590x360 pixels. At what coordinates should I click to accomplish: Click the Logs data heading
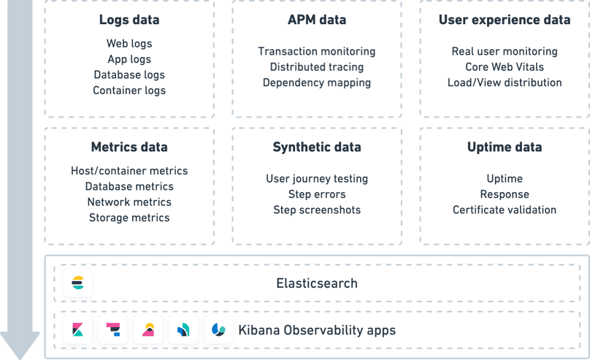129,20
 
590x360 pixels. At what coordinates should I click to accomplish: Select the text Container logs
129,91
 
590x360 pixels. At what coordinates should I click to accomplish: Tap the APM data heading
316,20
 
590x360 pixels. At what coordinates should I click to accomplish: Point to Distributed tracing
316,67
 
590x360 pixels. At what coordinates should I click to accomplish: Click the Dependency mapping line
316,83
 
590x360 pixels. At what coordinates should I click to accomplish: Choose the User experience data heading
505,20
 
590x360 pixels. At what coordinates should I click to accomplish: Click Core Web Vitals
505,67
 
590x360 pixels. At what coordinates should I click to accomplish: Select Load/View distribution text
505,83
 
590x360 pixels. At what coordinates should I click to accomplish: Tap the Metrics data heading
129,147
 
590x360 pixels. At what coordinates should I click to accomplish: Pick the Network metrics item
129,202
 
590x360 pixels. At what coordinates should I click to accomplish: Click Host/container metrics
129,171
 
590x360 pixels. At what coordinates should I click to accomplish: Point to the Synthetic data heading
316,147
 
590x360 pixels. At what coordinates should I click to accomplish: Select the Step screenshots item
316,210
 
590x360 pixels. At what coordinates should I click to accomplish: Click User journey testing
316,179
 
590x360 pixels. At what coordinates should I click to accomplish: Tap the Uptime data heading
505,147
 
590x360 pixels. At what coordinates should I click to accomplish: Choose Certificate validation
505,210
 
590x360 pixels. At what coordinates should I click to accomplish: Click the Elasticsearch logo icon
77,283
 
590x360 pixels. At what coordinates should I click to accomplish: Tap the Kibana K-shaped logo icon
77,331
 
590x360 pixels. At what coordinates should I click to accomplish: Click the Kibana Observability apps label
317,331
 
